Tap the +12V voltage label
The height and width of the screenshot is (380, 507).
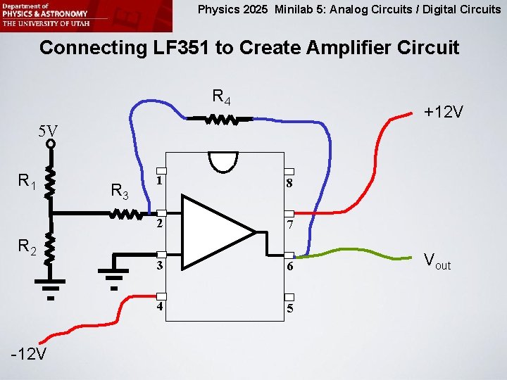[x=443, y=112]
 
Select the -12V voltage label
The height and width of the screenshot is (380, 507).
[x=29, y=353]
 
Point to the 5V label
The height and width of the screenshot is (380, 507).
[x=49, y=130]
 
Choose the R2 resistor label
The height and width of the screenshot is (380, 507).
[x=27, y=247]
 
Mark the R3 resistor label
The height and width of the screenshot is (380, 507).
[x=119, y=190]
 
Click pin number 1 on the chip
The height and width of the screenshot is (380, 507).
[x=161, y=180]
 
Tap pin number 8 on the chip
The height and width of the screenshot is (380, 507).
[x=289, y=184]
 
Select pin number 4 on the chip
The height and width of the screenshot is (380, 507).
[x=161, y=307]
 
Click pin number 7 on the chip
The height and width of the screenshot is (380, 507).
[x=289, y=225]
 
